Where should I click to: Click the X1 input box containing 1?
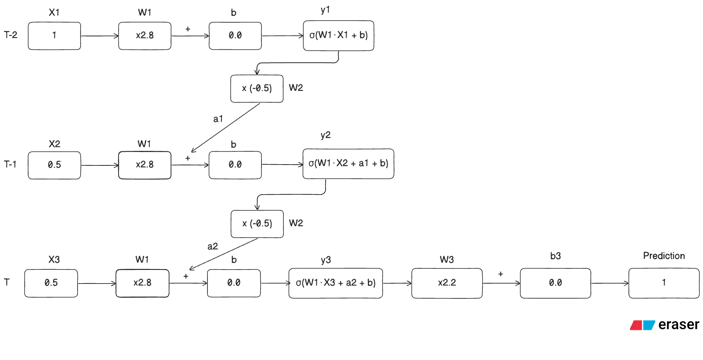click(54, 36)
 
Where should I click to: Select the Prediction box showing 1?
click(663, 283)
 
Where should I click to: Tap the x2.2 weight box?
click(446, 283)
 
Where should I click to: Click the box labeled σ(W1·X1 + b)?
click(338, 35)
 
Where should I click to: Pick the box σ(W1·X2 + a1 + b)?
click(348, 163)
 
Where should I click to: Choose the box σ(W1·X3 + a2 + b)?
click(336, 283)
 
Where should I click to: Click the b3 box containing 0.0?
click(555, 283)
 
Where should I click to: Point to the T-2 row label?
click(11, 35)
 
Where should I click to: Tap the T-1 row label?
click(10, 164)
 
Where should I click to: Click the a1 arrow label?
click(218, 119)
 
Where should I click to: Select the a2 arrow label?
click(213, 246)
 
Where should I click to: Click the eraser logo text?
click(678, 325)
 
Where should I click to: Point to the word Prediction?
click(663, 256)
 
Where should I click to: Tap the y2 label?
click(326, 135)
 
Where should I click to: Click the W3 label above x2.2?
click(446, 260)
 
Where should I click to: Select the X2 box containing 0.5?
click(54, 165)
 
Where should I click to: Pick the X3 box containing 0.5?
click(51, 283)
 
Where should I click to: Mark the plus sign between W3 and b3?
click(500, 274)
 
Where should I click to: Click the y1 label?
click(325, 10)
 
